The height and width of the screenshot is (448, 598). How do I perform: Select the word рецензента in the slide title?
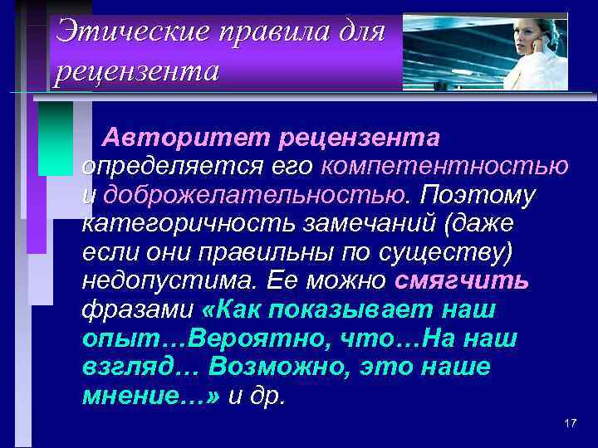(136, 71)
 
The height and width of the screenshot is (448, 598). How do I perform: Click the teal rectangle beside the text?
(56, 138)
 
